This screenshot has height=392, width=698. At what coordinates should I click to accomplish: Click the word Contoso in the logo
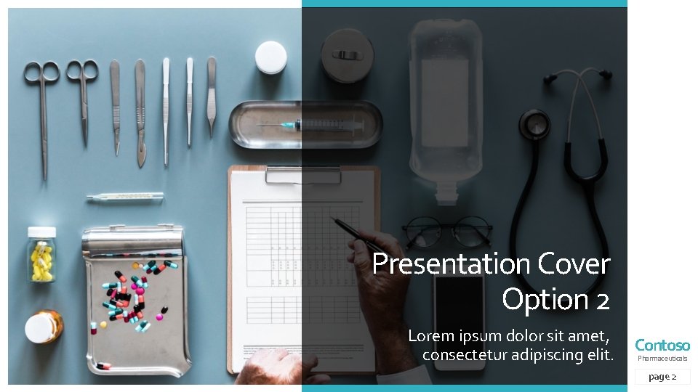[662, 346]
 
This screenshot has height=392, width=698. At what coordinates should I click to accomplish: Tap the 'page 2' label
[662, 377]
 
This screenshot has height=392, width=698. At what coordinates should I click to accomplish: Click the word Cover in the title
[574, 264]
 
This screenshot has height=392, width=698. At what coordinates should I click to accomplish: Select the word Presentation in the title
[452, 264]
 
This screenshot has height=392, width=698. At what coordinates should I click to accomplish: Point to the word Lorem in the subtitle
[430, 336]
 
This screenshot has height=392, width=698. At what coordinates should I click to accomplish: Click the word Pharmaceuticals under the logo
[662, 359]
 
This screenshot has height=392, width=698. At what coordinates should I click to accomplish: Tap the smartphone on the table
[459, 320]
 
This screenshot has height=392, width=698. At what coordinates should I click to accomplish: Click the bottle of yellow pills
[41, 255]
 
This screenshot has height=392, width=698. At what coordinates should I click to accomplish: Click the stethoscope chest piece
[534, 124]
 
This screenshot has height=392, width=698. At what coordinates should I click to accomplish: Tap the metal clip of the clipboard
[303, 174]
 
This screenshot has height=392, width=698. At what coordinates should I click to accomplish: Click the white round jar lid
[270, 57]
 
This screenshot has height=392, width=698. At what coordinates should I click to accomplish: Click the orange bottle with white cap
[44, 327]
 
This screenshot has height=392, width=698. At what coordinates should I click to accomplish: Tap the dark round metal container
[348, 55]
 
